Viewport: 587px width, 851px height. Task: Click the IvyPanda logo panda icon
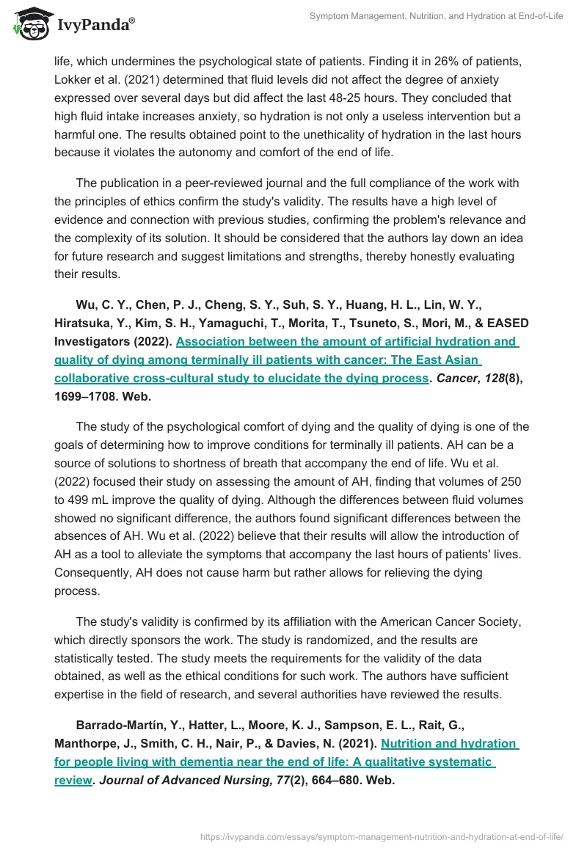point(29,23)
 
